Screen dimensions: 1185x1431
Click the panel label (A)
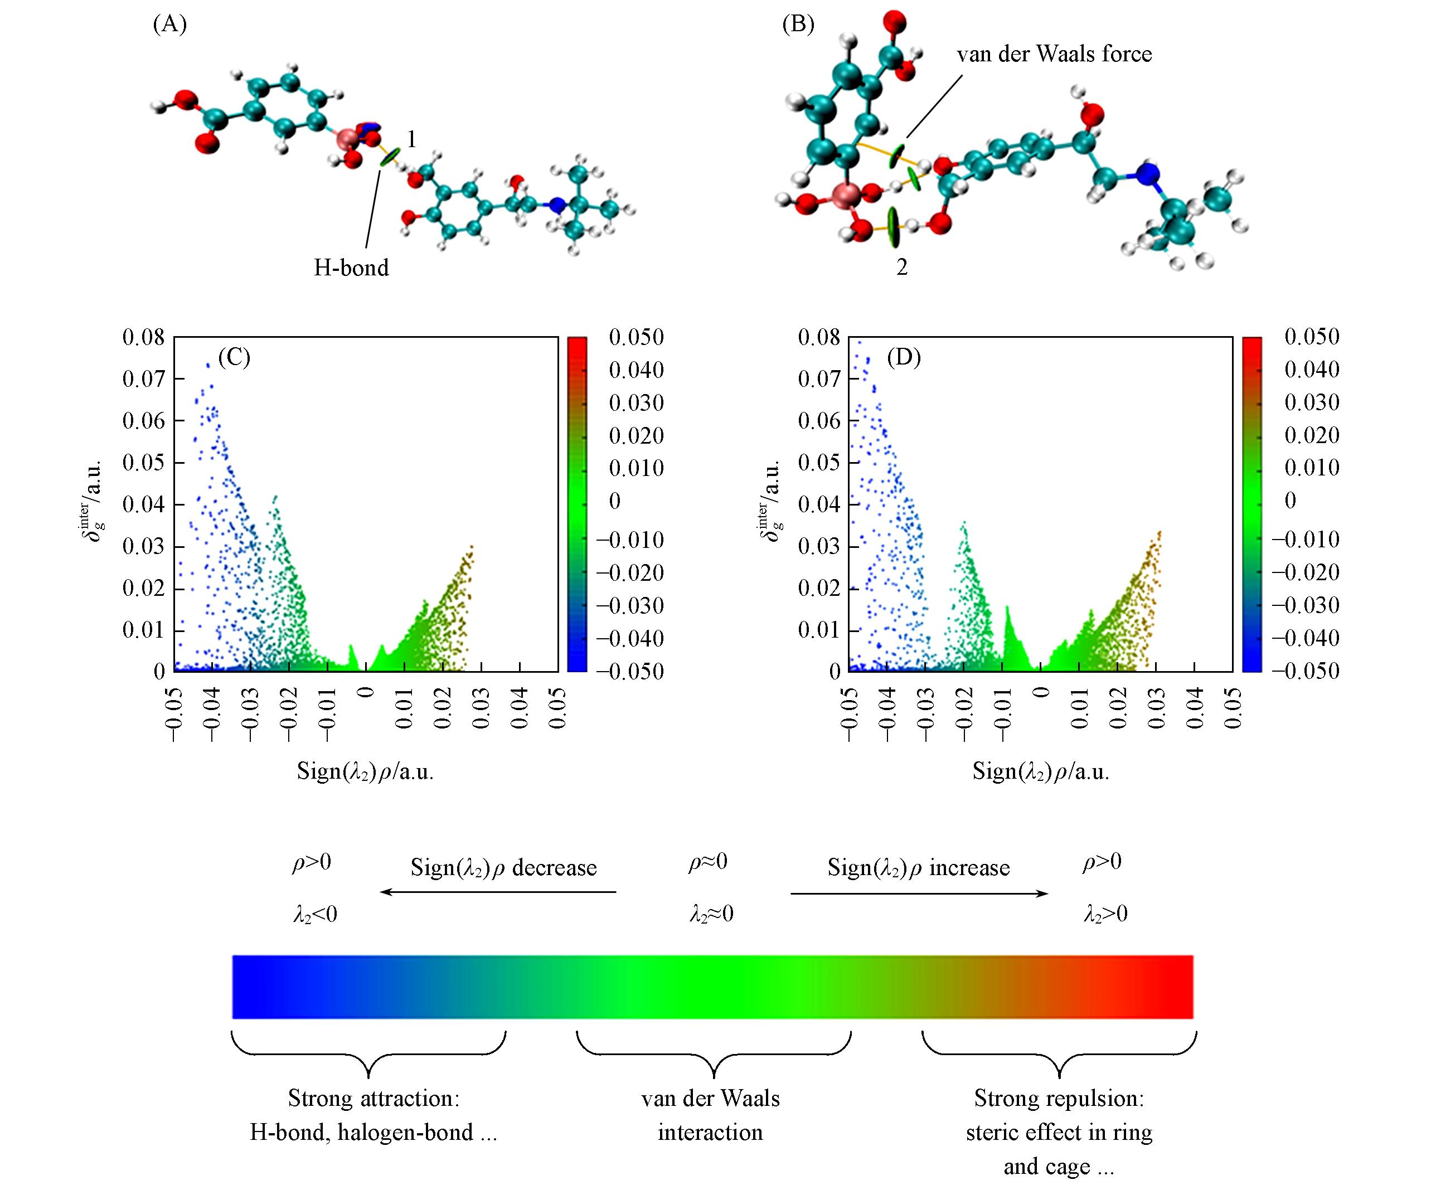pos(169,25)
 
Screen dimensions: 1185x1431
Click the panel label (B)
pos(798,25)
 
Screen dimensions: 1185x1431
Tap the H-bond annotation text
pos(351,268)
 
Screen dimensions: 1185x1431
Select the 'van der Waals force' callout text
pos(1054,55)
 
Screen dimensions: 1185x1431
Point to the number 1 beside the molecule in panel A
pos(411,140)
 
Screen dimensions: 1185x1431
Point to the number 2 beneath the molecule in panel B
pos(901,268)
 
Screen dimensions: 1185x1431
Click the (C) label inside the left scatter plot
pos(234,357)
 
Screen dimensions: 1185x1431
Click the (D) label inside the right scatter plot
pos(904,357)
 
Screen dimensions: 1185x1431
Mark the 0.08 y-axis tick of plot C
pos(143,337)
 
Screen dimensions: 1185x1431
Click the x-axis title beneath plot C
pos(365,771)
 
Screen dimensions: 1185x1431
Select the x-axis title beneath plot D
pos(1041,771)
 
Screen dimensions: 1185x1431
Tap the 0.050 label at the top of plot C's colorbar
pos(636,337)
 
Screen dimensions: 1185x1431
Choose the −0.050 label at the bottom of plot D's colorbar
pos(1305,671)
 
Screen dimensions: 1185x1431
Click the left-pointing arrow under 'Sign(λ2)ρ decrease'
pos(497,892)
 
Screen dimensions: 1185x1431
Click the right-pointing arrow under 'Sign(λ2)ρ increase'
pos(919,893)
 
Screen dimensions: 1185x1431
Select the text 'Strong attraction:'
pos(373,1099)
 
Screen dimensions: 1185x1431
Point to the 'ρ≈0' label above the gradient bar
pos(707,863)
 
